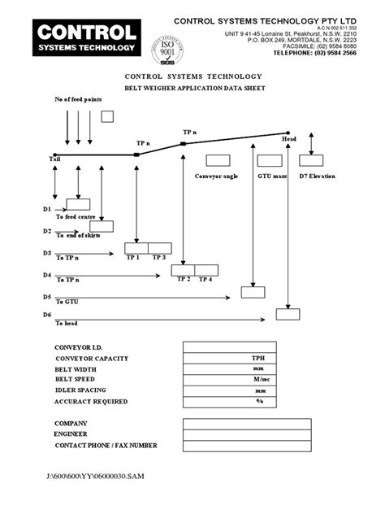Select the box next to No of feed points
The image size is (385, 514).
pos(107,117)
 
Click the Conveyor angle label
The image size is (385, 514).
pos(216,176)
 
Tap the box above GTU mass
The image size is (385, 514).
pos(268,160)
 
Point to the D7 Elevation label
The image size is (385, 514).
pos(317,176)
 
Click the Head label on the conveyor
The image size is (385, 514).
pos(289,139)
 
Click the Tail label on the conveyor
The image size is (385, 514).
pos(54,160)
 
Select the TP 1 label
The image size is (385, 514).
pos(132,258)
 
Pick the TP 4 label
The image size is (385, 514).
pos(205,280)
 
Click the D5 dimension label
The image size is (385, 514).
pos(47,297)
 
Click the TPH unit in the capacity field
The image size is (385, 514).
pos(259,358)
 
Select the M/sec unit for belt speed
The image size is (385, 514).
pos(260,379)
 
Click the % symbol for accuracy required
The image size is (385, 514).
pos(260,401)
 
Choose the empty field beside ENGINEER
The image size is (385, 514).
pos(236,434)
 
